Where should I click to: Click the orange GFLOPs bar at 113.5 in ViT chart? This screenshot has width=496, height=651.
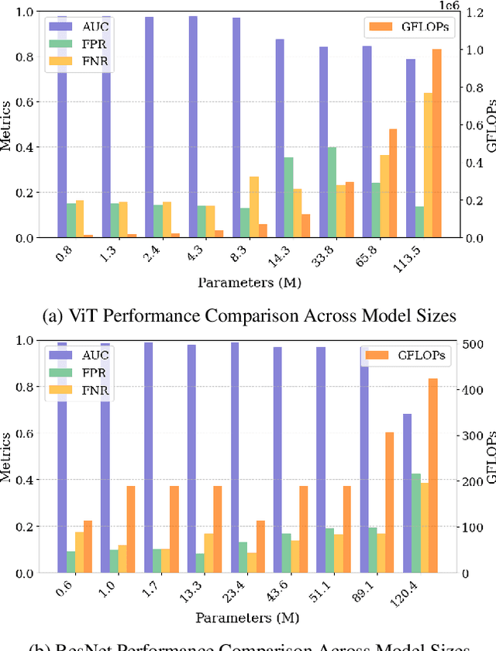(437, 143)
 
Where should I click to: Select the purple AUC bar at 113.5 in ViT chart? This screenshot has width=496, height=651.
(410, 148)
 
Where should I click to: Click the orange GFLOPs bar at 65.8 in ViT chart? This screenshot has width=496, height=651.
(394, 183)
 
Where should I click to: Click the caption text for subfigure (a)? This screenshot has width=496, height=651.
(248, 315)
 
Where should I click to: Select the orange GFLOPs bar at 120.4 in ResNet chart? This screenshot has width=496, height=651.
(433, 476)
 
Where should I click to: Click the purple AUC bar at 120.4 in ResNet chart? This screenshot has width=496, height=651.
(407, 493)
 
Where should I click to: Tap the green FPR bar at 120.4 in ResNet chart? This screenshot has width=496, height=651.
(416, 523)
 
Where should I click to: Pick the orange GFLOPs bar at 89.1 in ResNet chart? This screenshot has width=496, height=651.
(390, 502)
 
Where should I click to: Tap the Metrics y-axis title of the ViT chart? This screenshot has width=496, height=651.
(8, 124)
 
